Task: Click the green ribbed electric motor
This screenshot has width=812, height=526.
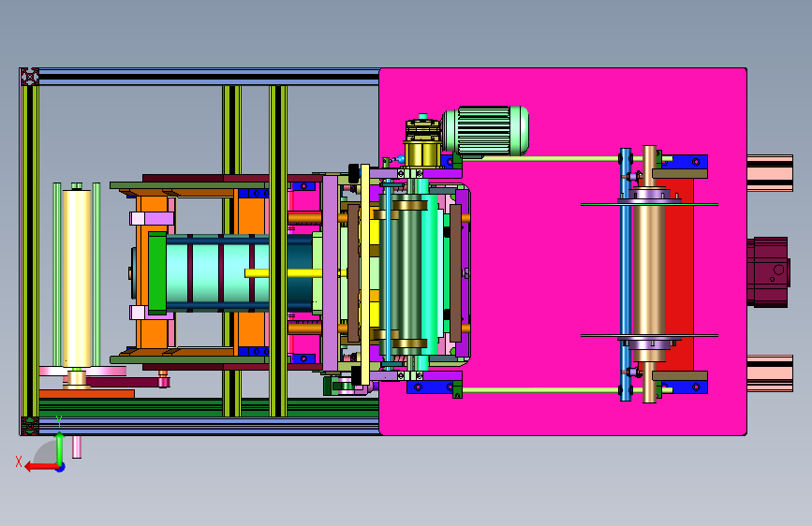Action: coord(486,131)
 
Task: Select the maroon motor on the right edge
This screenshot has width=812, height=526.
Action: coord(769,272)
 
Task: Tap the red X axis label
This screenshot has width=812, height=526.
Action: coord(19,461)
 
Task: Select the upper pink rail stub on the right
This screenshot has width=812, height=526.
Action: coord(770,173)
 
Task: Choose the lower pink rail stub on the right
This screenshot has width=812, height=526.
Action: coord(770,373)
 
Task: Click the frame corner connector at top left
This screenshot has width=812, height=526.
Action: coord(30,77)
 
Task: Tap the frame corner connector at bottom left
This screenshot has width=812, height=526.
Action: coord(30,426)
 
